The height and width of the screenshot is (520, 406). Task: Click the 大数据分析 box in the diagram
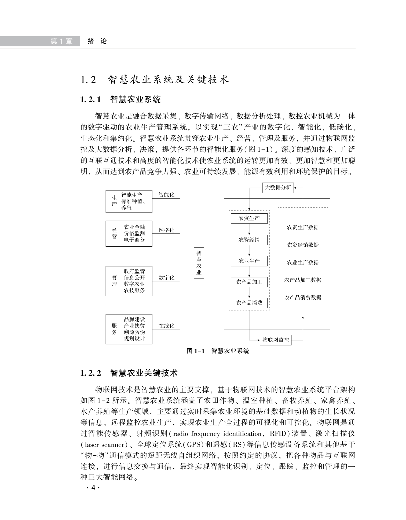point(278,188)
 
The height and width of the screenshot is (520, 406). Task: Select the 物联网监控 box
point(276,340)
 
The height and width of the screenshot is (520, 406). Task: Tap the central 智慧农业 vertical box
point(199,263)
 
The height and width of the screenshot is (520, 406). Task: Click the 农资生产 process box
point(249,218)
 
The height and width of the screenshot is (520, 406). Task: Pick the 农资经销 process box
point(249,240)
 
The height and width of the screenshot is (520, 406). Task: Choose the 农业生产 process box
point(249,261)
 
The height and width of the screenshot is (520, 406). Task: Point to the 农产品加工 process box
point(249,282)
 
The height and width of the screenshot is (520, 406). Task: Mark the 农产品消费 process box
point(249,303)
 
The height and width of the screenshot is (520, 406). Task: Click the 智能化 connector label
point(166,195)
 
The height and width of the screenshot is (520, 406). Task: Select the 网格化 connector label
point(166,230)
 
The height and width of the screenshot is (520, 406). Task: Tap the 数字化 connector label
point(166,278)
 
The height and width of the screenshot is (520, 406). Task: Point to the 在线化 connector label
point(166,326)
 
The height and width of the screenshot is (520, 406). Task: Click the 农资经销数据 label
point(303,245)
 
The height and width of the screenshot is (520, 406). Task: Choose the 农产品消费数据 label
point(303,298)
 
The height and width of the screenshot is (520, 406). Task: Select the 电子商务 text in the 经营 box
point(134,240)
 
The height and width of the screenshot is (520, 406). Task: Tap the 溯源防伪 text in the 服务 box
point(134,332)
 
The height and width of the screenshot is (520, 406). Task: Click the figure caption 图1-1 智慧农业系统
point(218,351)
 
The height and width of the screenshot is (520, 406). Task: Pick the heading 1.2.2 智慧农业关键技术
point(129,373)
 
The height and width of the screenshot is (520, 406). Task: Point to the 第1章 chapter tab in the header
point(61,41)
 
